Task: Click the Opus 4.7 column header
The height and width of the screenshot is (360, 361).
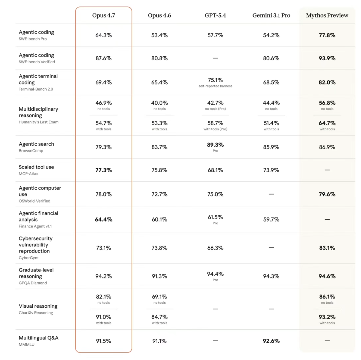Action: (x=103, y=15)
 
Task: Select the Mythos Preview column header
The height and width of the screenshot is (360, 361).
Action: (x=327, y=15)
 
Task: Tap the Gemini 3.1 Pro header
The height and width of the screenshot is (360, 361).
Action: (x=271, y=15)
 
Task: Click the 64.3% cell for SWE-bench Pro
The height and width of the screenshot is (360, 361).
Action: (x=103, y=35)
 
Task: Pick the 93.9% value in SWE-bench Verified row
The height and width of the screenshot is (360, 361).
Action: (x=327, y=58)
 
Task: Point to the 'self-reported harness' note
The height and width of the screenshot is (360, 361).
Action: (x=215, y=86)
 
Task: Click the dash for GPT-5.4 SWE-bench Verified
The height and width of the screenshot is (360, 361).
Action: (x=215, y=58)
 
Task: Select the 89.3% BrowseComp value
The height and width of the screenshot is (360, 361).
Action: (x=215, y=145)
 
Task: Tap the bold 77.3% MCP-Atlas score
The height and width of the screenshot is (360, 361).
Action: (x=103, y=170)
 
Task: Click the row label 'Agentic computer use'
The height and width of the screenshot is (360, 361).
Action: (x=40, y=191)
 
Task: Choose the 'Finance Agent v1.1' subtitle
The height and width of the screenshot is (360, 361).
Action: (x=35, y=226)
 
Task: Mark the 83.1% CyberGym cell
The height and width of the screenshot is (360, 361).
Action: (x=327, y=248)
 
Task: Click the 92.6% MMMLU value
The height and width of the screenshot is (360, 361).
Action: (x=271, y=341)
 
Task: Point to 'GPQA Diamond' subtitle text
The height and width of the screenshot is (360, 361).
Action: (x=33, y=283)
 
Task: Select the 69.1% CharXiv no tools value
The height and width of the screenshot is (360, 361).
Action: (x=159, y=297)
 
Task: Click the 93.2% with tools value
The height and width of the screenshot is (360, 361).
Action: (x=327, y=317)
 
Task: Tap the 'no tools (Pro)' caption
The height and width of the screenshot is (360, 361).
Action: (x=215, y=109)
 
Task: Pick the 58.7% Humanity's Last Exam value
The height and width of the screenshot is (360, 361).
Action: (x=215, y=123)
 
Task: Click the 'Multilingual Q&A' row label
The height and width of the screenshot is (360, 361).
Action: (x=39, y=338)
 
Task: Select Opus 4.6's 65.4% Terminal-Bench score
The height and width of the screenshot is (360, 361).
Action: (x=159, y=82)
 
